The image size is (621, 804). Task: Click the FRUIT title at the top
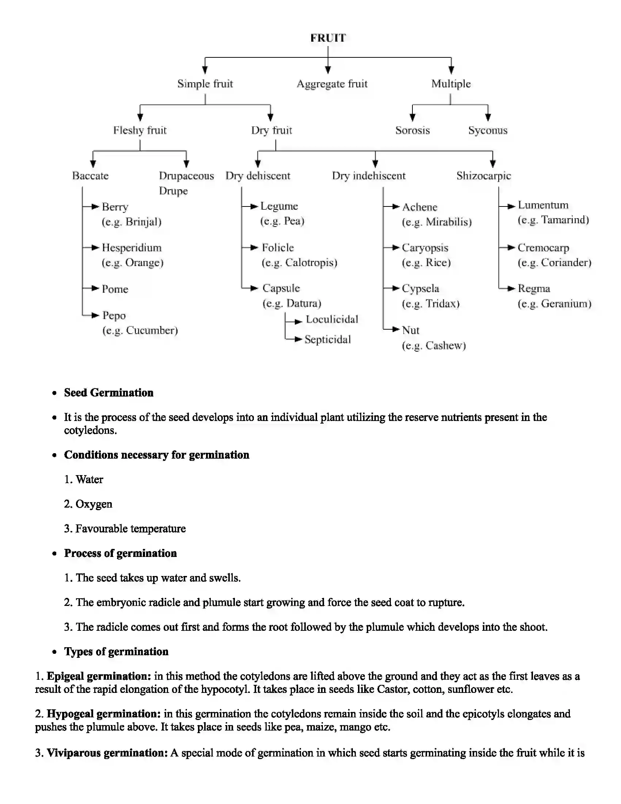328,38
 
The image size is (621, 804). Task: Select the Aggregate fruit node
332,84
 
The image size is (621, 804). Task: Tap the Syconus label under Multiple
487,130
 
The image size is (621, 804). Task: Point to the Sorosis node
412,130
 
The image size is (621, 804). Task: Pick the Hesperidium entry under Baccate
132,247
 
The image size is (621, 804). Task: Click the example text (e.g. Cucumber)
140,330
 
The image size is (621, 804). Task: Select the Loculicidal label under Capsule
332,319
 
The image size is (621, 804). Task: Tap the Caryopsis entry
425,247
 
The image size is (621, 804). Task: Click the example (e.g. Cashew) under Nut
434,345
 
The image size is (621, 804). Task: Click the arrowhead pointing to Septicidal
298,339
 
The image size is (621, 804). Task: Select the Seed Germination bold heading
108,392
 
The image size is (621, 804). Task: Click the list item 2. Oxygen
88,504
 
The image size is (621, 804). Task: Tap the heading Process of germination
120,553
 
